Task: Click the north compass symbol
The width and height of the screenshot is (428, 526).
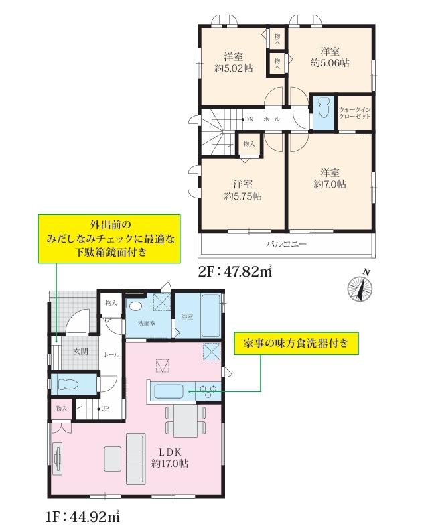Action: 360,288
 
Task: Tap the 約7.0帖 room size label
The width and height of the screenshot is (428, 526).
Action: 330,184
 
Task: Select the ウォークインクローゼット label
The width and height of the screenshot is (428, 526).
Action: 354,113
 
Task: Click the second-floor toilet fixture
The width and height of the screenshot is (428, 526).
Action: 324,108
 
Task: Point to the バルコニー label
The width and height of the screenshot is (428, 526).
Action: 287,243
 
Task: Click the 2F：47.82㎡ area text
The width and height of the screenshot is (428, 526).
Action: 235,271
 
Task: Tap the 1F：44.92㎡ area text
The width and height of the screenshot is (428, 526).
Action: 82,516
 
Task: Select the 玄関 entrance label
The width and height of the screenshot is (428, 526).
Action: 81,352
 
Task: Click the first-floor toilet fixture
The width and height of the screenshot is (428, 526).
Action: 69,384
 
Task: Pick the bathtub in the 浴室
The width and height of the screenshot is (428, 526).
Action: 210,316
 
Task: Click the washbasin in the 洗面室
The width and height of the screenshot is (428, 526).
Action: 135,306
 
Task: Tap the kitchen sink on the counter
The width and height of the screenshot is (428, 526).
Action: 168,391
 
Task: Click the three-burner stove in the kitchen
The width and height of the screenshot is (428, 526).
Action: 208,391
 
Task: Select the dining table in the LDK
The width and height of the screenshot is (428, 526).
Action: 185,421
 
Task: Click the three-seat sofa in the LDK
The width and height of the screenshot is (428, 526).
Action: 135,459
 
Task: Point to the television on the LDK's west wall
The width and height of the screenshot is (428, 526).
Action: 58,458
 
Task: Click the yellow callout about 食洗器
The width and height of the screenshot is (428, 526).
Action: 296,344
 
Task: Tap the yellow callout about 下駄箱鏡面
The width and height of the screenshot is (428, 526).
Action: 109,239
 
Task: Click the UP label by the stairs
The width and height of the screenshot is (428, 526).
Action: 104,409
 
